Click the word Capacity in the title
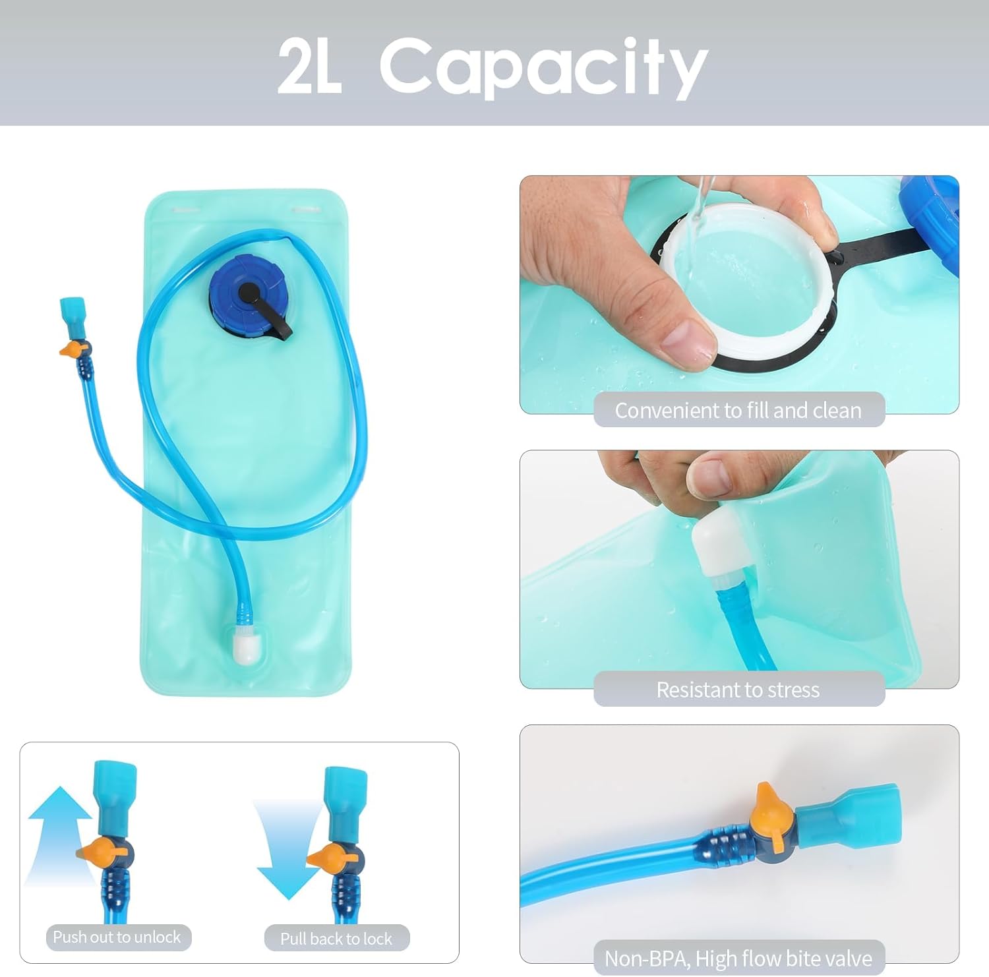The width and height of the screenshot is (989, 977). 544,66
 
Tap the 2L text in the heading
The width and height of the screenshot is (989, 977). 309,66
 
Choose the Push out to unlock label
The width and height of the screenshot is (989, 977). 117,937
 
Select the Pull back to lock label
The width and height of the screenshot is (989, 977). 336,938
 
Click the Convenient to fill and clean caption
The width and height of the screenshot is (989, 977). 738,410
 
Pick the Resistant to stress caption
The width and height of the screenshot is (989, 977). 738,690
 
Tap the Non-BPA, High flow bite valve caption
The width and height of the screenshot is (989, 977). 738,958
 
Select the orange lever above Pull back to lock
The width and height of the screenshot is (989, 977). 328,858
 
